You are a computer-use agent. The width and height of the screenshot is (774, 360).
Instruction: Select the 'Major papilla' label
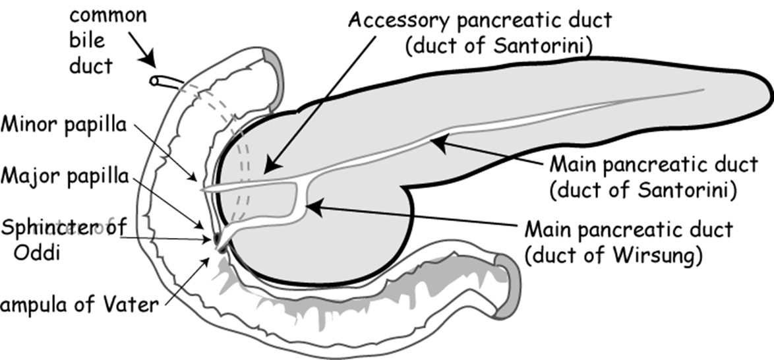pyautogui.click(x=64, y=177)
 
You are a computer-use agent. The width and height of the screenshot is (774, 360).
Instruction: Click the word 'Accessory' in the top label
pyautogui.click(x=398, y=20)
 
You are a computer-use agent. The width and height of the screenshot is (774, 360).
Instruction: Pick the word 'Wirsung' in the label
pyautogui.click(x=662, y=254)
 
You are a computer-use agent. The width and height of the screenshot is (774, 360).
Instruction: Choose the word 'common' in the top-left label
pyautogui.click(x=108, y=15)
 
